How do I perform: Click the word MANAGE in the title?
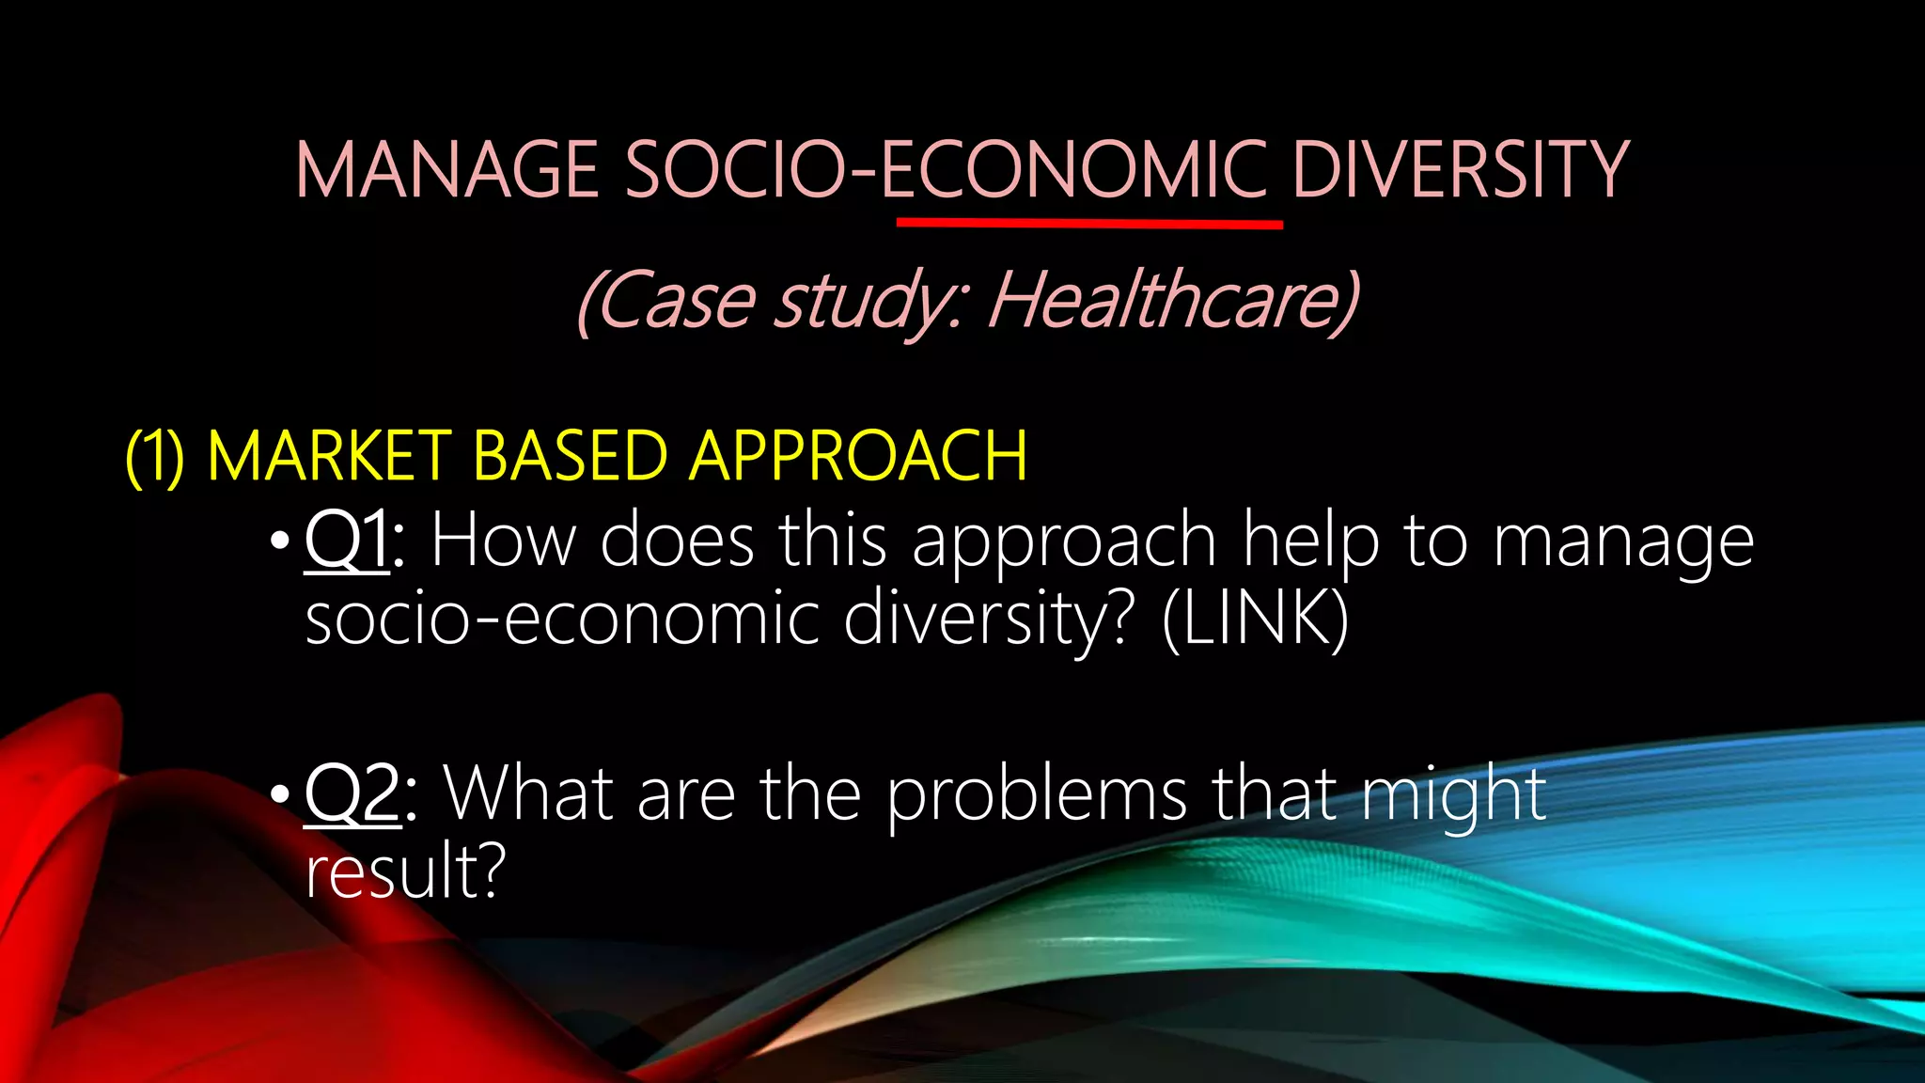(x=447, y=170)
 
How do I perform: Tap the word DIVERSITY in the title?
(x=1460, y=170)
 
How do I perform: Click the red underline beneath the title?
(x=1089, y=225)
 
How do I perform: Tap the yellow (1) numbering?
(x=155, y=457)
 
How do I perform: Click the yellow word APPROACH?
(x=858, y=457)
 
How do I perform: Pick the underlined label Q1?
(x=346, y=541)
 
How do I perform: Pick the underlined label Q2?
(x=352, y=795)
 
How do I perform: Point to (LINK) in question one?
(x=1255, y=619)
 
